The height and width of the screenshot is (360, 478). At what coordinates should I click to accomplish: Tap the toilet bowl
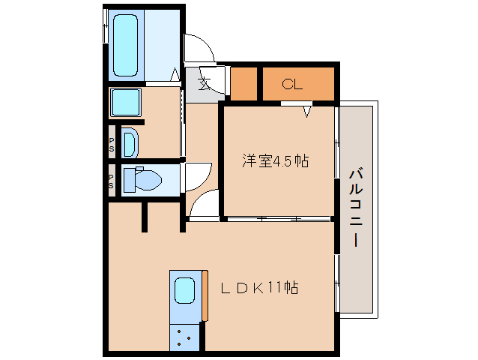point(142,181)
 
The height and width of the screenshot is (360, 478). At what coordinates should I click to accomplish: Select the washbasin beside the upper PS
point(130,142)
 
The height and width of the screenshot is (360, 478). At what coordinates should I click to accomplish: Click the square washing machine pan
point(127,103)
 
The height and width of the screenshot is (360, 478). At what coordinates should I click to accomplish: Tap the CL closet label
point(291,84)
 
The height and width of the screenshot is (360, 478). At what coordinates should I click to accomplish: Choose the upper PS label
point(112,144)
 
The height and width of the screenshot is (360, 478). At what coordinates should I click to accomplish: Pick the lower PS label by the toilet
point(112,181)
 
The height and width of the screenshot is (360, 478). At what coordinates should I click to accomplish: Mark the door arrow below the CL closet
point(308,112)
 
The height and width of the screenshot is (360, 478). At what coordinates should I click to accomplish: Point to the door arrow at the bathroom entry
point(175,75)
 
